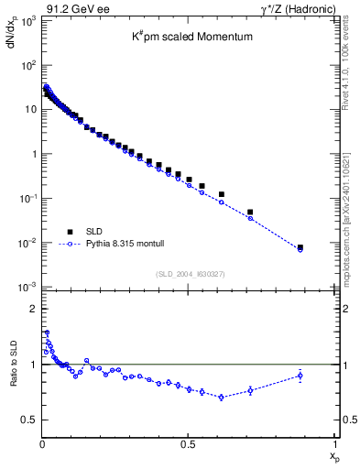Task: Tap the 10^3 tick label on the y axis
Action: coord(27,20)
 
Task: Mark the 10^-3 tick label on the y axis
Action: coord(27,288)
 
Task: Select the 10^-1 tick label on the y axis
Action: coord(27,199)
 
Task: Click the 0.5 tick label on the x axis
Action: coord(188,444)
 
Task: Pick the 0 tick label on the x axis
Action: coord(42,444)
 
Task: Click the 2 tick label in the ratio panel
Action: coord(32,309)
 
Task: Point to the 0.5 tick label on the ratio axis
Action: coord(28,420)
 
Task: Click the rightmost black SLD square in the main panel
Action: coord(300,247)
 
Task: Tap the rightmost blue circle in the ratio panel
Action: coord(300,376)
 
